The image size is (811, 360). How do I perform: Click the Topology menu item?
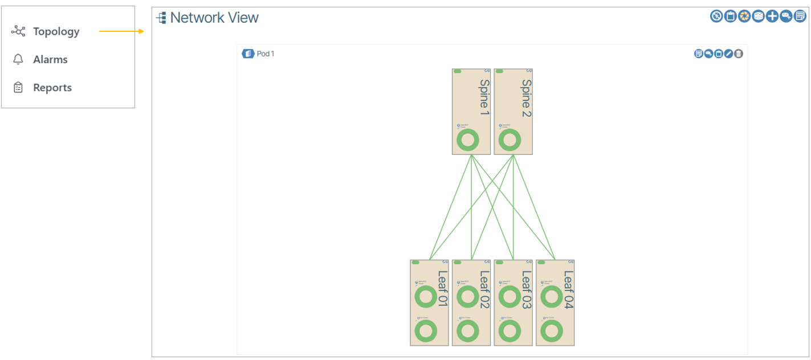click(56, 32)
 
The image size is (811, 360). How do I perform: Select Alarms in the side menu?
click(50, 60)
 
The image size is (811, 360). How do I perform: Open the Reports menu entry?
click(52, 88)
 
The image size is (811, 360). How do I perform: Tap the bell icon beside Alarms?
click(18, 59)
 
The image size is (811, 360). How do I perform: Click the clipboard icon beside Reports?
click(18, 87)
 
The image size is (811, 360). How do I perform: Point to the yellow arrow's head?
click(142, 31)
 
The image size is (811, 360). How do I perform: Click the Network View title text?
click(214, 18)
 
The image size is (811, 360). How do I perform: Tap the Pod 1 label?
click(266, 54)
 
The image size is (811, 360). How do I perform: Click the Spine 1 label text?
click(484, 97)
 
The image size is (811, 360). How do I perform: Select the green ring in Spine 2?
click(509, 141)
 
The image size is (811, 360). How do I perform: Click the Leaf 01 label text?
click(442, 289)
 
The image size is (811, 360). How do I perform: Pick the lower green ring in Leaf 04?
click(551, 331)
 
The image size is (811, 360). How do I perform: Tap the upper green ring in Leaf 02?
click(467, 297)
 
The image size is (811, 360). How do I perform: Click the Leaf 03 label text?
click(526, 289)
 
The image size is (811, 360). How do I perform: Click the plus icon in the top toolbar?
click(772, 17)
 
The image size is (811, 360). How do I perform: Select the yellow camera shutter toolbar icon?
click(744, 17)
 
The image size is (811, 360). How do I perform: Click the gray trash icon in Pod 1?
click(739, 54)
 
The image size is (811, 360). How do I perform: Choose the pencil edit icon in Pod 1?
click(728, 54)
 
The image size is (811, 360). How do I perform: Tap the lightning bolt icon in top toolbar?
click(716, 17)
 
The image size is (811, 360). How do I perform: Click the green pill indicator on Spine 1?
click(458, 72)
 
